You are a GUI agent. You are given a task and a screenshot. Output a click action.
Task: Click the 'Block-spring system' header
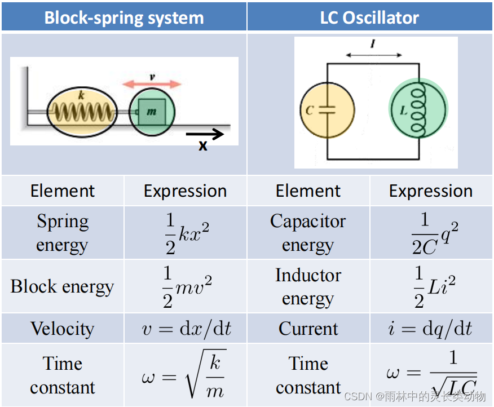click(x=124, y=17)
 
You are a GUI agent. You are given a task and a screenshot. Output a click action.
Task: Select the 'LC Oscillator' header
click(x=369, y=17)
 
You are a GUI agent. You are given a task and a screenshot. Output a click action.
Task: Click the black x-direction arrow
click(x=205, y=134)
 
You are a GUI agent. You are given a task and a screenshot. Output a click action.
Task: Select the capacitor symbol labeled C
click(x=328, y=110)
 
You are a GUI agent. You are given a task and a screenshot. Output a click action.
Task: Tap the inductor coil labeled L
click(x=418, y=110)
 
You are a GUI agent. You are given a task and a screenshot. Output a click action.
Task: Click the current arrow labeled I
click(x=373, y=55)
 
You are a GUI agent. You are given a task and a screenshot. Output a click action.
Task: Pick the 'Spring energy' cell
click(x=63, y=233)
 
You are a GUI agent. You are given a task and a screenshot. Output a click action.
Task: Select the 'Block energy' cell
click(x=63, y=286)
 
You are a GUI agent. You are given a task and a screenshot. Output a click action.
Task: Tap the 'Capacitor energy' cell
click(x=308, y=233)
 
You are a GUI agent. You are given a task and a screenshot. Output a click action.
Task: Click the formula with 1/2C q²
click(x=431, y=233)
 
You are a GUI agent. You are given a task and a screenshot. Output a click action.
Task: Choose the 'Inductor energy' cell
click(x=308, y=286)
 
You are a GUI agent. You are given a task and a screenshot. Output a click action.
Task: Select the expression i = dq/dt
click(x=431, y=329)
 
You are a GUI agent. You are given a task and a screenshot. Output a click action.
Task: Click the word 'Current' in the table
click(x=308, y=329)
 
